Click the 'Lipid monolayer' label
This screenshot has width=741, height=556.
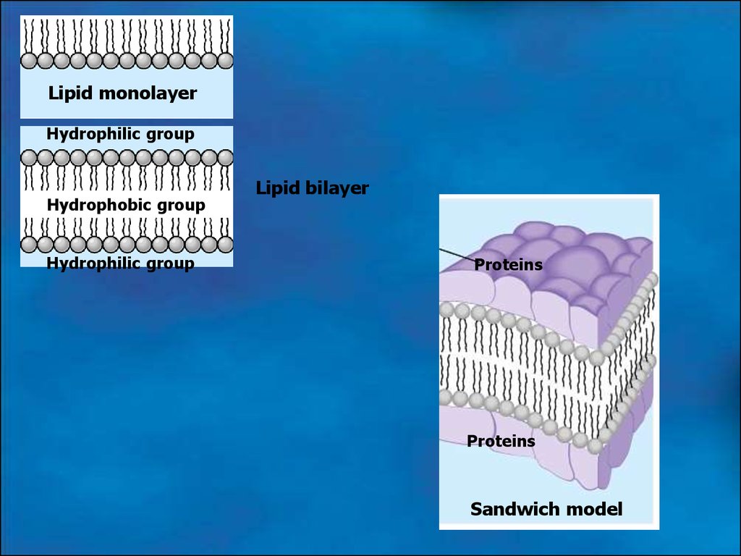tap(122, 93)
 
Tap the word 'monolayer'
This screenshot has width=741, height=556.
tap(148, 93)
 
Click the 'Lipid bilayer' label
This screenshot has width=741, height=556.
tap(312, 188)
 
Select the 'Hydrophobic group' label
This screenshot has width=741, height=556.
tap(126, 205)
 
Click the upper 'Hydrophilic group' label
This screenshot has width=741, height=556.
tap(121, 134)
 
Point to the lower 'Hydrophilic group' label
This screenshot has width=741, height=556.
tap(121, 264)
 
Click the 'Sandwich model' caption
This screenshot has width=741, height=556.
tap(546, 509)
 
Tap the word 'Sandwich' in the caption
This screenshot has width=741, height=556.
tap(515, 509)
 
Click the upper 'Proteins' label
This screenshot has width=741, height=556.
tap(508, 265)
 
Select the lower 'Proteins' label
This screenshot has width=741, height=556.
tap(501, 441)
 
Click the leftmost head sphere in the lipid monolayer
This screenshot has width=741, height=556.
tap(29, 61)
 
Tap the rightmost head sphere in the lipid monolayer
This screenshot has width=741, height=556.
tap(226, 61)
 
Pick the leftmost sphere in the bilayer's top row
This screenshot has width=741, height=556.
tap(29, 158)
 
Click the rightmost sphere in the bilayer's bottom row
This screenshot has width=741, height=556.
tap(226, 245)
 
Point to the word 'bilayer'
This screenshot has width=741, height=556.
tap(337, 188)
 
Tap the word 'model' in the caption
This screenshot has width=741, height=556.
tap(595, 509)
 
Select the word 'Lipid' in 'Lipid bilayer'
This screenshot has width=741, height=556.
tap(278, 188)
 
